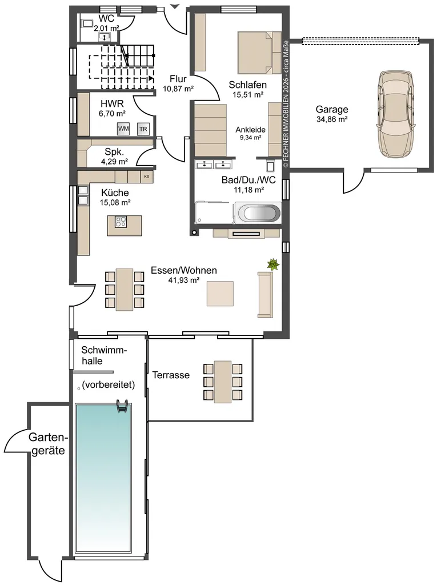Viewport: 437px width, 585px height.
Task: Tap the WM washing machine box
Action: pos(123,129)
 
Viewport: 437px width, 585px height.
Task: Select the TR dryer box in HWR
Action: pos(143,129)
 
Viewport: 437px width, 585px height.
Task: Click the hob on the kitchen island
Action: pos(121,222)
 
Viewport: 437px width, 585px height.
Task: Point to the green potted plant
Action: pos(273,265)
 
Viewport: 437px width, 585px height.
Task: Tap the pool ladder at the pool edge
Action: pos(122,406)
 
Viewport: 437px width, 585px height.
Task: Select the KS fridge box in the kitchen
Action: pos(146,177)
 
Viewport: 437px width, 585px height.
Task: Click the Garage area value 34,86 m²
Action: pos(332,119)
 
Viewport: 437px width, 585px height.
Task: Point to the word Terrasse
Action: pos(171,375)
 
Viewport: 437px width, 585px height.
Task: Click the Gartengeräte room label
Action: pos(47,443)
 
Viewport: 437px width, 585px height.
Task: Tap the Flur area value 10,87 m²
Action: pos(178,89)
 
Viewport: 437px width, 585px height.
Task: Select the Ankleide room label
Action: pos(250,130)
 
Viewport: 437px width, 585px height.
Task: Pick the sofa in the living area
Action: pos(265,295)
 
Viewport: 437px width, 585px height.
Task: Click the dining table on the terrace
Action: pos(223,382)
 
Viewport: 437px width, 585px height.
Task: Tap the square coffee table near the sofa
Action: pos(220,294)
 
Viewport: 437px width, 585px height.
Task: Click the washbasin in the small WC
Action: pos(105,37)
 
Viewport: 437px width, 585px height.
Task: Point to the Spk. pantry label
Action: pos(114,152)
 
